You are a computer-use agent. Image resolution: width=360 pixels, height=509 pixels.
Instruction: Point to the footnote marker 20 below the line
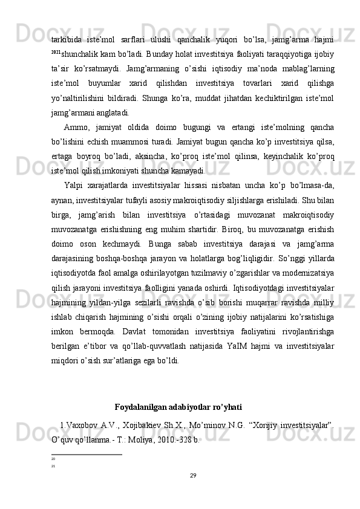(53, 459)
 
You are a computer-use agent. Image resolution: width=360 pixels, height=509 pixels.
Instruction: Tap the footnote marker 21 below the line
(53, 466)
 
